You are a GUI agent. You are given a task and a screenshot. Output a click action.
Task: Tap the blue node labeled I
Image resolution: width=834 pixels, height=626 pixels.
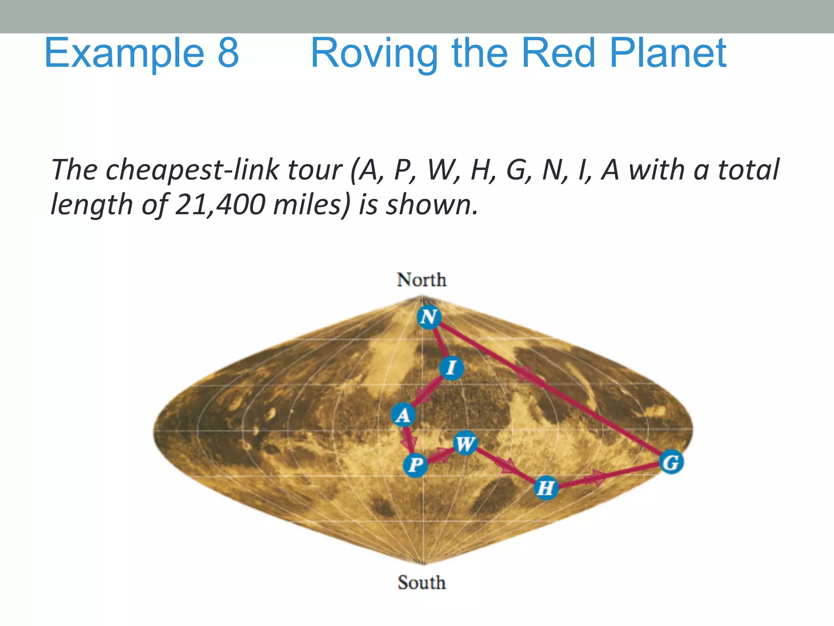click(x=451, y=368)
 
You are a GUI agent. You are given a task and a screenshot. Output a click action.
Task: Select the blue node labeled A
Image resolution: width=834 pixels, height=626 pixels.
click(x=403, y=415)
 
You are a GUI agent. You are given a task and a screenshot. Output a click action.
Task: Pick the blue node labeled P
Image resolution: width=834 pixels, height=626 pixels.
click(x=415, y=464)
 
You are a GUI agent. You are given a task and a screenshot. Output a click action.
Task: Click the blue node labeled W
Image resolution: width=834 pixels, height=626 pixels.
click(x=465, y=443)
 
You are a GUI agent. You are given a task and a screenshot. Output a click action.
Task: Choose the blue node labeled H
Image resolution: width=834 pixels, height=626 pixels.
click(x=546, y=487)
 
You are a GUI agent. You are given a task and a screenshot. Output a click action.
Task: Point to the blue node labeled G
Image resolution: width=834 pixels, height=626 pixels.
click(x=671, y=462)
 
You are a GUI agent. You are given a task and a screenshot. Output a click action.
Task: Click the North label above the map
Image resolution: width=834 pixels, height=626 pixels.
click(x=421, y=280)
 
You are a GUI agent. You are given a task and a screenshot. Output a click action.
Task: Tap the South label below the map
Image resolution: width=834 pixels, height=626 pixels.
click(x=421, y=582)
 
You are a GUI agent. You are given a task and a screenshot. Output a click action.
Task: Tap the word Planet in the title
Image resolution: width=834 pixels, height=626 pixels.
click(x=668, y=53)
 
